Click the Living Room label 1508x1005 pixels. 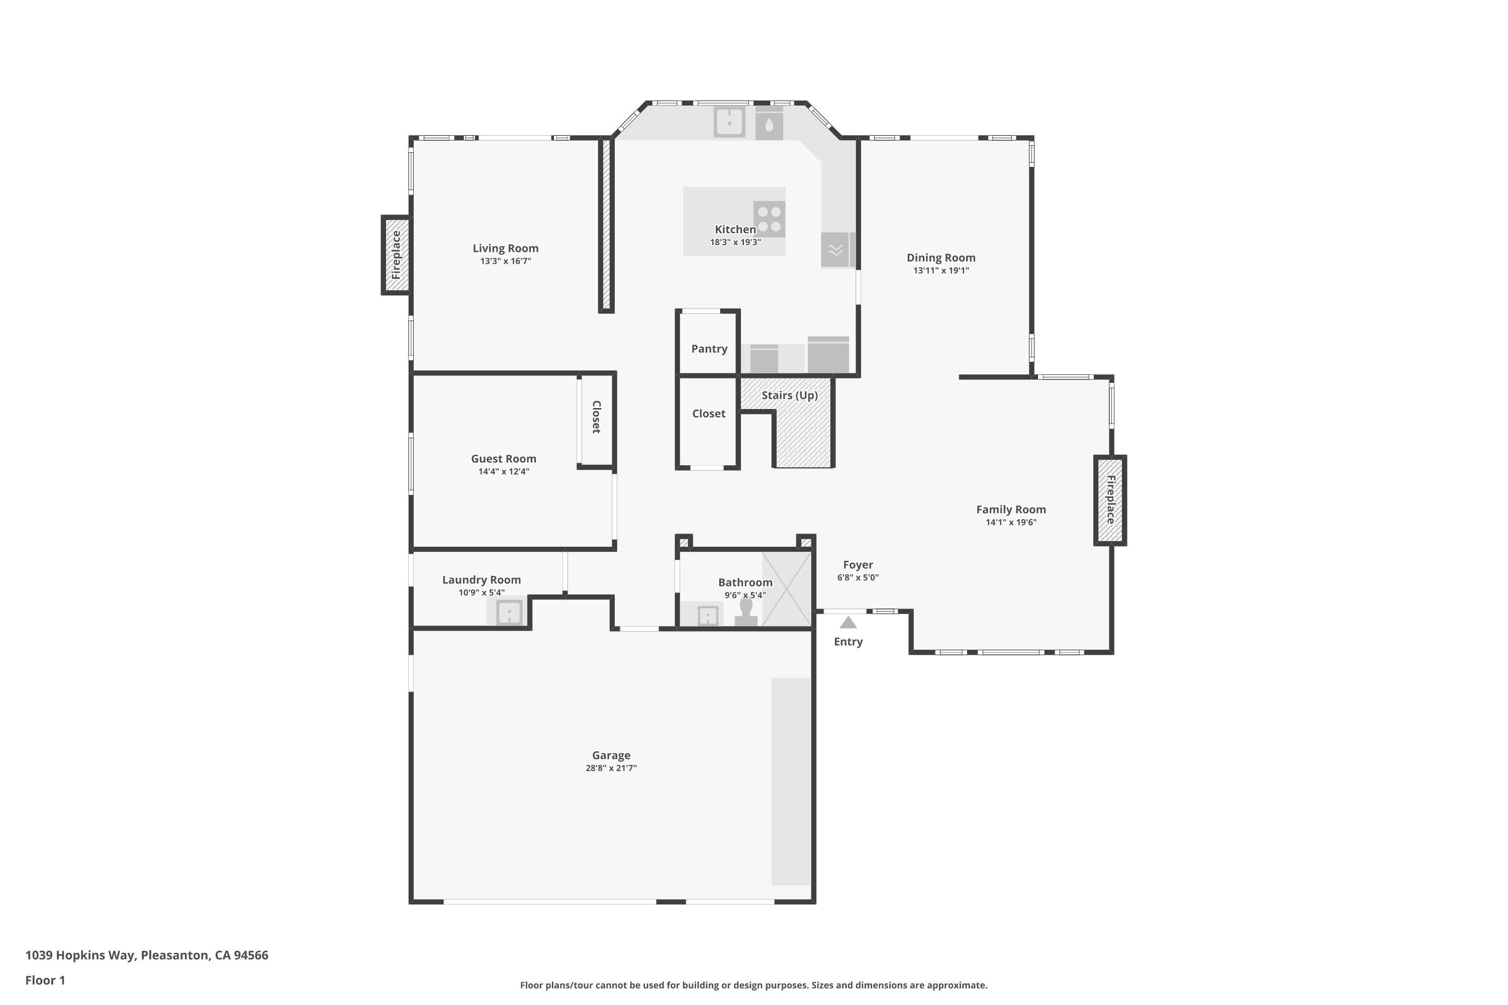pos(505,248)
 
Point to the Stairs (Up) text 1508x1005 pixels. pos(789,395)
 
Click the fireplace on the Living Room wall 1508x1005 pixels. pos(396,255)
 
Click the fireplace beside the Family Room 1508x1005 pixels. pos(1110,500)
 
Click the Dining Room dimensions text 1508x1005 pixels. pos(940,270)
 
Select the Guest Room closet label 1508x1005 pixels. pos(596,417)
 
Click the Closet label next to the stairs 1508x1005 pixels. pos(708,414)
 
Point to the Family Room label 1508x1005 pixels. pos(1010,510)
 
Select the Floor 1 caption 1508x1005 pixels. pos(45,980)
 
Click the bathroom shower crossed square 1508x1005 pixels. pos(786,589)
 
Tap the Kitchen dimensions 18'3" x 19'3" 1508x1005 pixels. pos(735,242)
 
